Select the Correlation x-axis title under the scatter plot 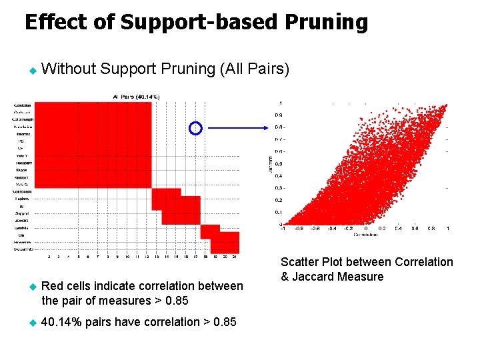pos(365,235)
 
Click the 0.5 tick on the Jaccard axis pos(278,163)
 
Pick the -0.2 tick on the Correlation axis pos(347,228)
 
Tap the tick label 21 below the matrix pos(234,256)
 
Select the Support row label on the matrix pos(23,213)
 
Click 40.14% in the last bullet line pos(63,322)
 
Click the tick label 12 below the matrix pos(146,256)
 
